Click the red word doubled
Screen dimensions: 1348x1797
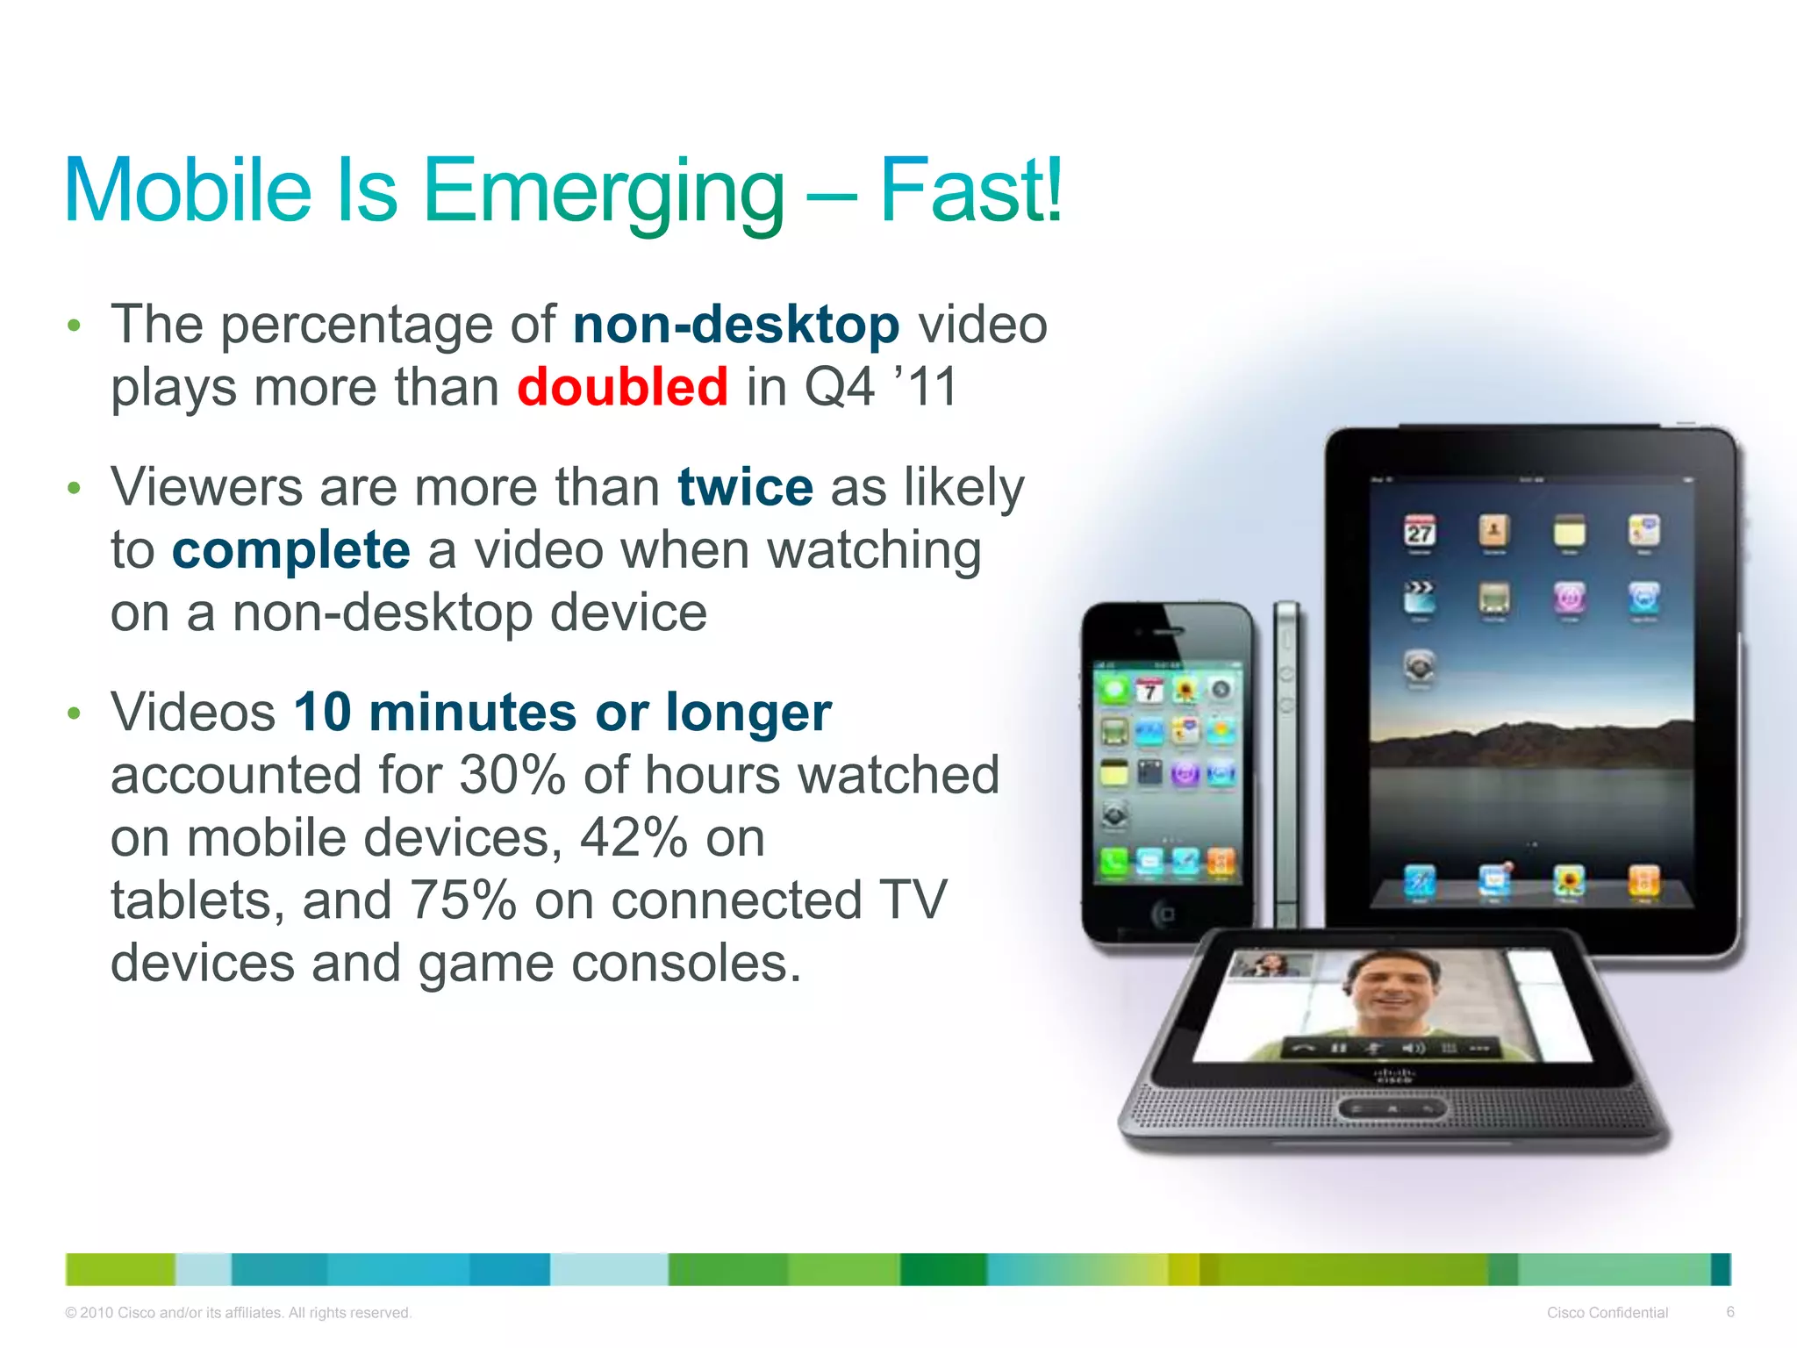pos(622,387)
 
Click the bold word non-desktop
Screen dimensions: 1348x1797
pos(735,325)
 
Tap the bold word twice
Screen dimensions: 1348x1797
pos(745,487)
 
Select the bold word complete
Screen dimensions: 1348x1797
pos(290,550)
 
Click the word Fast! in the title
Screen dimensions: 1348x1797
pos(970,190)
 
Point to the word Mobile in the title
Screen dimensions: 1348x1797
pos(188,190)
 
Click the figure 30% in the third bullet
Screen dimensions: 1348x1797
pos(512,775)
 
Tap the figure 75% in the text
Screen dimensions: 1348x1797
pos(462,900)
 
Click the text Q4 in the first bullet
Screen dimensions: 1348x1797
pos(839,387)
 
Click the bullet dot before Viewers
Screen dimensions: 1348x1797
pos(75,488)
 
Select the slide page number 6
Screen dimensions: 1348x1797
pos(1729,1312)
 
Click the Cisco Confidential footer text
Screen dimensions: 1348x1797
pos(1607,1313)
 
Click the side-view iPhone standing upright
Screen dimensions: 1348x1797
pos(1286,764)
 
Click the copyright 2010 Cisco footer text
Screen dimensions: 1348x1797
pos(238,1313)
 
